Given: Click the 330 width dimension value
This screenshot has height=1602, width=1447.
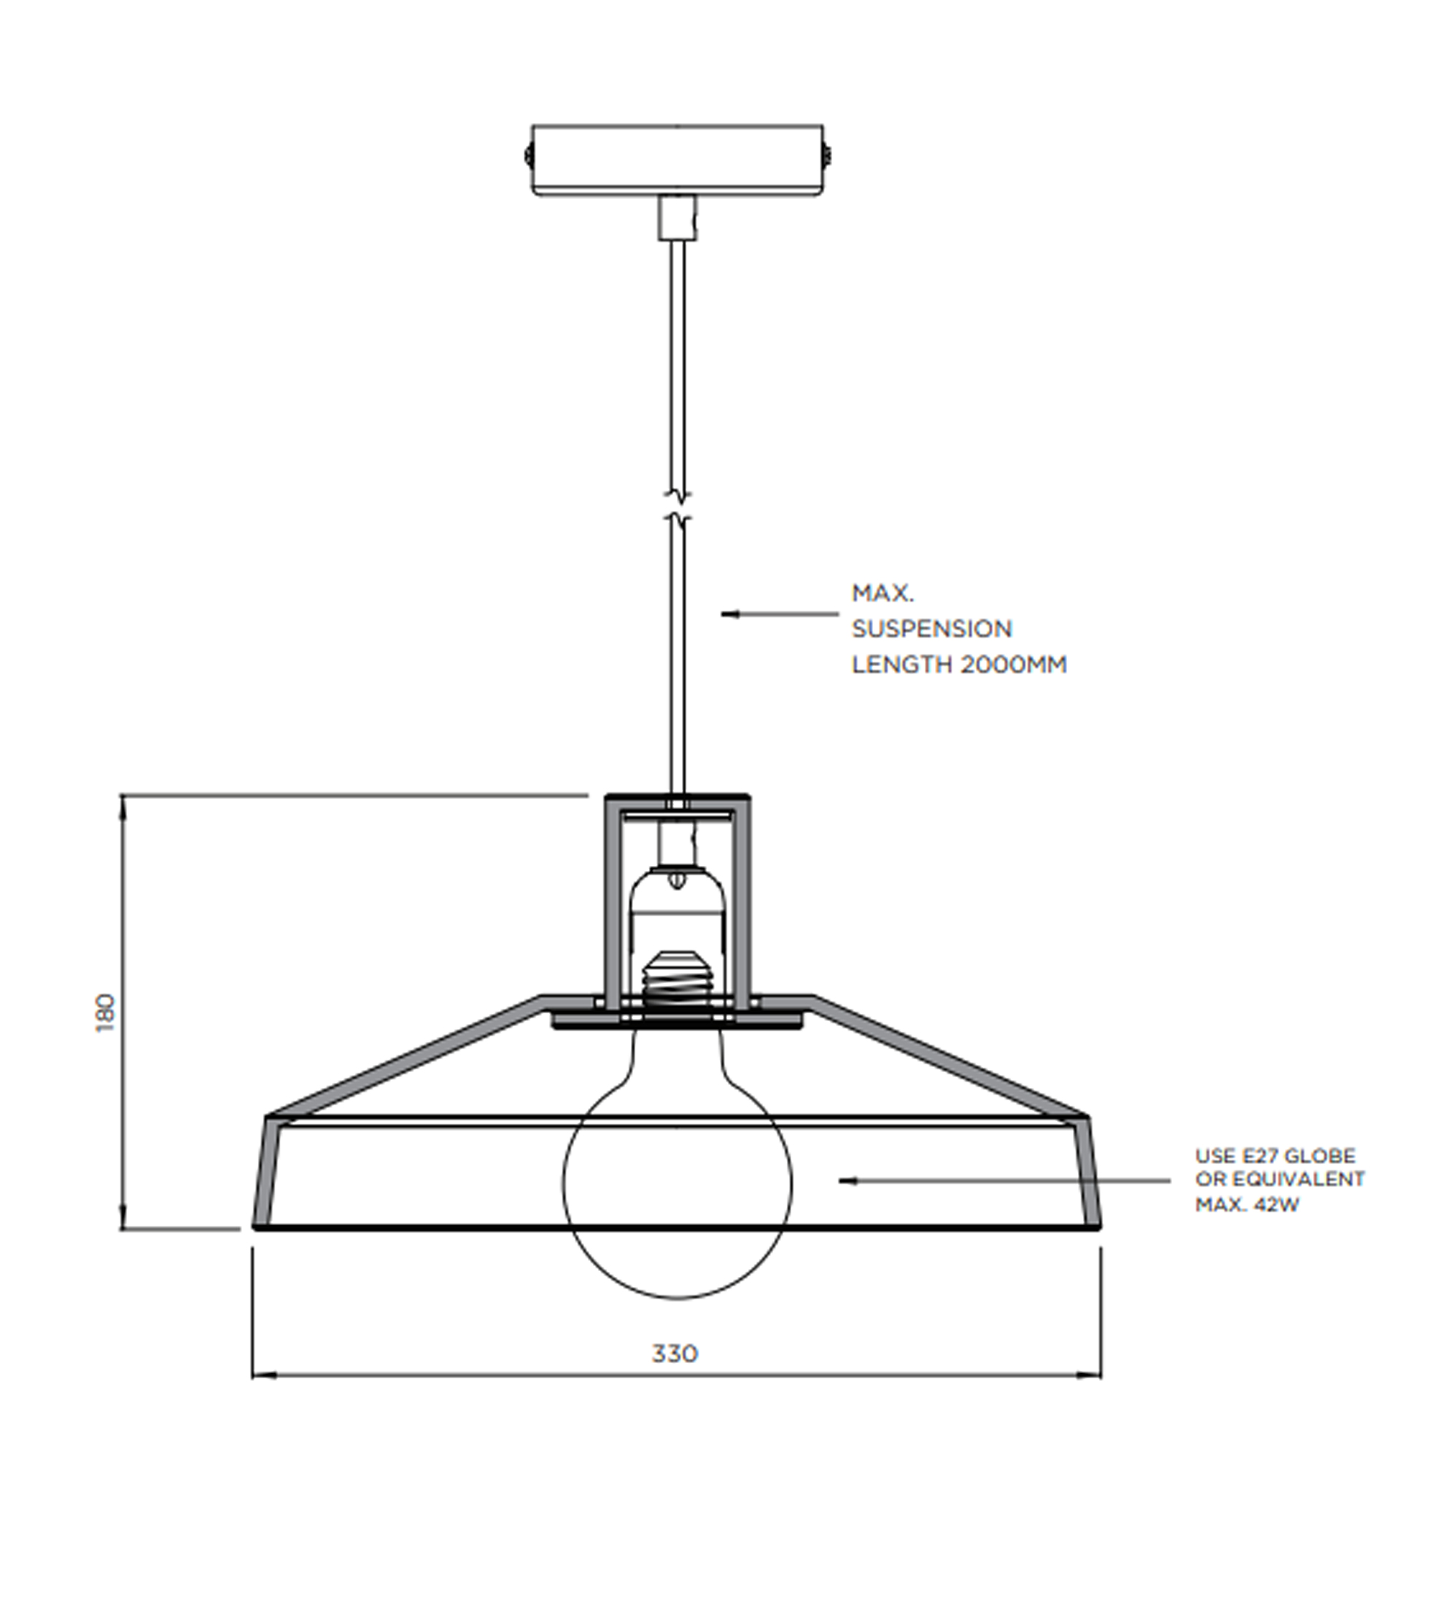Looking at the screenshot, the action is point(675,1353).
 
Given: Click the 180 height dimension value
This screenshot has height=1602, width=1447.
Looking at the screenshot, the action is point(106,1013).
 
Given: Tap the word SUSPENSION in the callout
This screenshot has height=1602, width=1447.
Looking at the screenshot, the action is point(932,628).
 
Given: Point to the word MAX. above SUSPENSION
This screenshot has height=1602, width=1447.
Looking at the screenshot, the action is point(882,593).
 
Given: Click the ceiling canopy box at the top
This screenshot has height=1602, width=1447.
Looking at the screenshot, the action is point(678,160).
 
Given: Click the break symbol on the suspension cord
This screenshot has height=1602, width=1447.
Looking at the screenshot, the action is point(678,507).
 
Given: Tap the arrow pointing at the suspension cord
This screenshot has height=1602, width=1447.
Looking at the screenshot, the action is point(779,614).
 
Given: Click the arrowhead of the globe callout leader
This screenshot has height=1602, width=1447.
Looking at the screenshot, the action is point(847,1181).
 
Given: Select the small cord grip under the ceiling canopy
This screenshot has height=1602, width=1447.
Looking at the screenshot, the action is point(678,218).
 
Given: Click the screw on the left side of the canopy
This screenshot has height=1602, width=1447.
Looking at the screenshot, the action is point(528,156).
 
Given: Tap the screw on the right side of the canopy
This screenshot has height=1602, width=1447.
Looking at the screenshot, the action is point(827,156).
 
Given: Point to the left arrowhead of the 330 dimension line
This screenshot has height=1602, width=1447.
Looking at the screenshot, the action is point(263,1375).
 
